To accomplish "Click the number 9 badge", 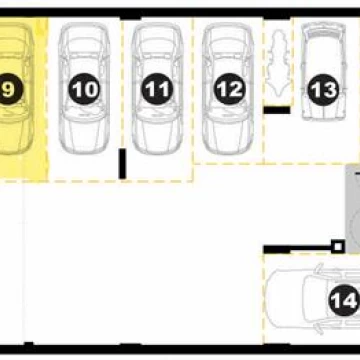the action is (8, 89).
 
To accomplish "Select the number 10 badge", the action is (85, 89).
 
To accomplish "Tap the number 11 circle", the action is (157, 89).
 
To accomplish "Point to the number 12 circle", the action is (229, 89).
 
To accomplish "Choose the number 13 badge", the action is (323, 90).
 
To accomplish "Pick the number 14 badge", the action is (344, 301).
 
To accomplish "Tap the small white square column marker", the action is (338, 247).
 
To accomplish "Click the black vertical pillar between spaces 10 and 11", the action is (123, 164).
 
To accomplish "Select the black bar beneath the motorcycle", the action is (277, 110).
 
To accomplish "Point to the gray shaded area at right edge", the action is (353, 209).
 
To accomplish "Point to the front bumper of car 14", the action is (271, 298).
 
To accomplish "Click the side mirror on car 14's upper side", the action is (320, 267).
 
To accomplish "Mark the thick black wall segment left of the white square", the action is (277, 249).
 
